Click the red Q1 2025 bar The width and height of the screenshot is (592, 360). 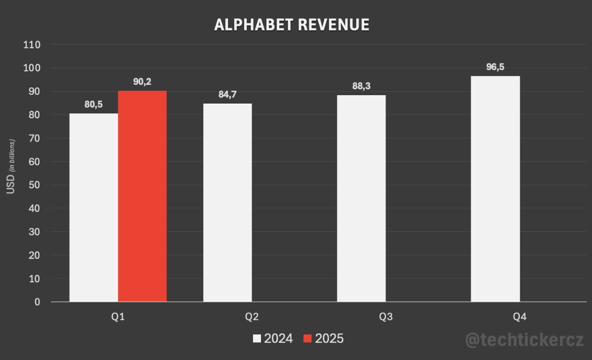pyautogui.click(x=142, y=196)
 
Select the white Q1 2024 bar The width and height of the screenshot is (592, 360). pyautogui.click(x=94, y=208)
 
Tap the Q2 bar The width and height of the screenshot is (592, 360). pyautogui.click(x=227, y=203)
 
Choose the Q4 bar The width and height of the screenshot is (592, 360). pyautogui.click(x=495, y=189)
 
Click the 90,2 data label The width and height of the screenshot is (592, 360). pyautogui.click(x=142, y=82)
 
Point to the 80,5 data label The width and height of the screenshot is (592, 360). pyautogui.click(x=93, y=105)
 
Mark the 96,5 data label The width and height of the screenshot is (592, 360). pyautogui.click(x=495, y=67)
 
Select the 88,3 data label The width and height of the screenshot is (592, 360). pyautogui.click(x=361, y=86)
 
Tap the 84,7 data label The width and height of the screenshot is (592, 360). pyautogui.click(x=227, y=95)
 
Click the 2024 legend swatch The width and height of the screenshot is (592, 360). pyautogui.click(x=257, y=339)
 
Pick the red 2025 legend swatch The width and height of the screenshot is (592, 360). pyautogui.click(x=308, y=339)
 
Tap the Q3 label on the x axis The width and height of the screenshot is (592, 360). pyautogui.click(x=386, y=317)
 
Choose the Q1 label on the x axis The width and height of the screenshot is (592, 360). pyautogui.click(x=118, y=317)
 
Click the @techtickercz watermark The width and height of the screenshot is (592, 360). pyautogui.click(x=525, y=340)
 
